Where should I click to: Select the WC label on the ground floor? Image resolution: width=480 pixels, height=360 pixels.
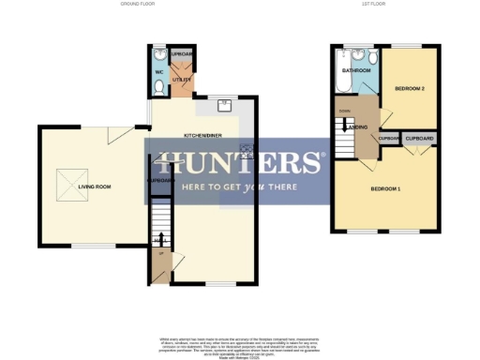159,72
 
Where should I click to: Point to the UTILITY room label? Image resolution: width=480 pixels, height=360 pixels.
181,80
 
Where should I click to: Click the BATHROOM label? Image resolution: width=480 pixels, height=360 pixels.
356,70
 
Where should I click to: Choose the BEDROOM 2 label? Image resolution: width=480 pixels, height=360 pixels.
411,88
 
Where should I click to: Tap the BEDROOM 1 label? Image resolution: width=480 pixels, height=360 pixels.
385,189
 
